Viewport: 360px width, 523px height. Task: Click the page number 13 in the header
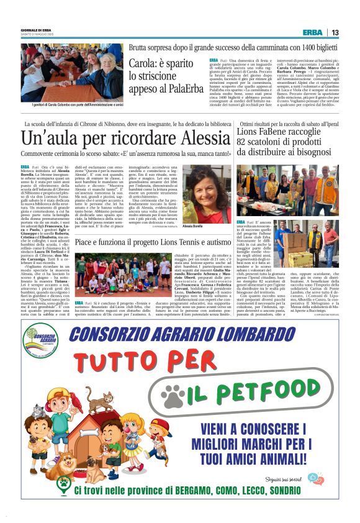pos(335,32)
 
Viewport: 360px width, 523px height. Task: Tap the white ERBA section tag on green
pos(312,32)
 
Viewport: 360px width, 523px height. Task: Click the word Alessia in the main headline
pos(192,137)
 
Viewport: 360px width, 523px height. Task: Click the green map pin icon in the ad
pos(64,483)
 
